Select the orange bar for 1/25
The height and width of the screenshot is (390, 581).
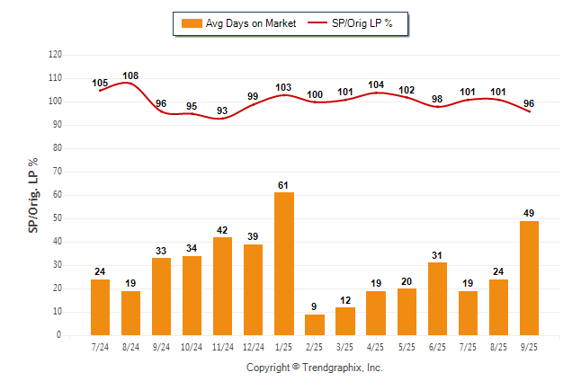(283, 263)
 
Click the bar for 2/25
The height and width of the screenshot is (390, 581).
(315, 324)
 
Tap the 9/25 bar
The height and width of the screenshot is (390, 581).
(529, 278)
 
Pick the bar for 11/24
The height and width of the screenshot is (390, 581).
(222, 286)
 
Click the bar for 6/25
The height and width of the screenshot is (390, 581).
(437, 298)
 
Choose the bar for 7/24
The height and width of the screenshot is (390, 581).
(100, 306)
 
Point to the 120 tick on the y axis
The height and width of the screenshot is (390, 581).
(55, 55)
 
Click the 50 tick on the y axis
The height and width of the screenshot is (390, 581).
(58, 218)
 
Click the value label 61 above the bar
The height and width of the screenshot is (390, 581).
(283, 185)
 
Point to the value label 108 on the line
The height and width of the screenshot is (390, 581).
(130, 75)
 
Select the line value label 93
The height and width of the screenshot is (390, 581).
(222, 111)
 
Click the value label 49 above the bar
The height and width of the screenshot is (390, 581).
(529, 213)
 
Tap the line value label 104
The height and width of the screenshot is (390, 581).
(376, 85)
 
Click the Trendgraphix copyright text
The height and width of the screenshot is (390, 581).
(315, 368)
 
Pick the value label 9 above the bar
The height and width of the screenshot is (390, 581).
(315, 306)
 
